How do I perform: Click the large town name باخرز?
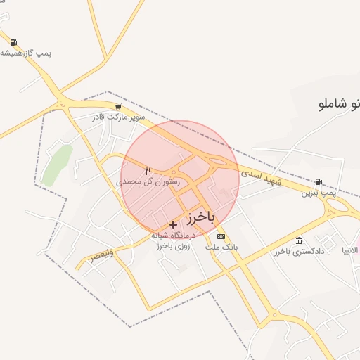(x=200, y=217)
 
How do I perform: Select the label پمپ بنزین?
(x=317, y=192)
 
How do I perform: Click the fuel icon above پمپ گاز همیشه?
(x=14, y=42)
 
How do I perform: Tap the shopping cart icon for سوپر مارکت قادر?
(x=117, y=107)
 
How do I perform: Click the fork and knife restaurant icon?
(x=148, y=171)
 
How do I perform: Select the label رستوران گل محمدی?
(x=148, y=181)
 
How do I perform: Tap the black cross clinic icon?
(x=174, y=224)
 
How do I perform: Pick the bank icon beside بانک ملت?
(x=221, y=236)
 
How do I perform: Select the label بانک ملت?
(x=222, y=247)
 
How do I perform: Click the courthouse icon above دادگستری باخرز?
(x=300, y=240)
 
